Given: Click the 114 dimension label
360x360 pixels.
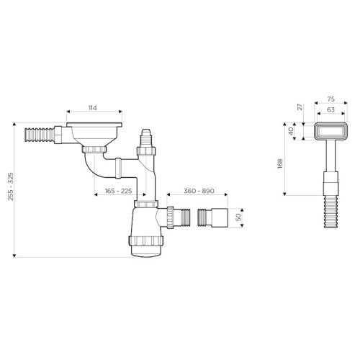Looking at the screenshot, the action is tap(93, 108).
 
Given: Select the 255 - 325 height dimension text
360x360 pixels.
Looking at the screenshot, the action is tap(11, 186).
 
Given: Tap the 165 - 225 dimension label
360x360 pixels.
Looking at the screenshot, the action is tap(119, 191).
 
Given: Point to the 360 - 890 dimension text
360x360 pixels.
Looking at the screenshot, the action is tap(199, 191).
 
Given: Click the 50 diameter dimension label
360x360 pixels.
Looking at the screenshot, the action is tap(238, 217).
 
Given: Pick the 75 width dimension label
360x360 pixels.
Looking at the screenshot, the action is tap(331, 99).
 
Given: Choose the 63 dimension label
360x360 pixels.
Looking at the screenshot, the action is tap(331, 109).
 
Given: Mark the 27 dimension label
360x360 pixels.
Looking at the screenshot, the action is tap(300, 107).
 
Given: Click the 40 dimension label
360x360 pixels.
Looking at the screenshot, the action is tap(291, 131).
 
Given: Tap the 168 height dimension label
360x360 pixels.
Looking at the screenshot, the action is tap(280, 163).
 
